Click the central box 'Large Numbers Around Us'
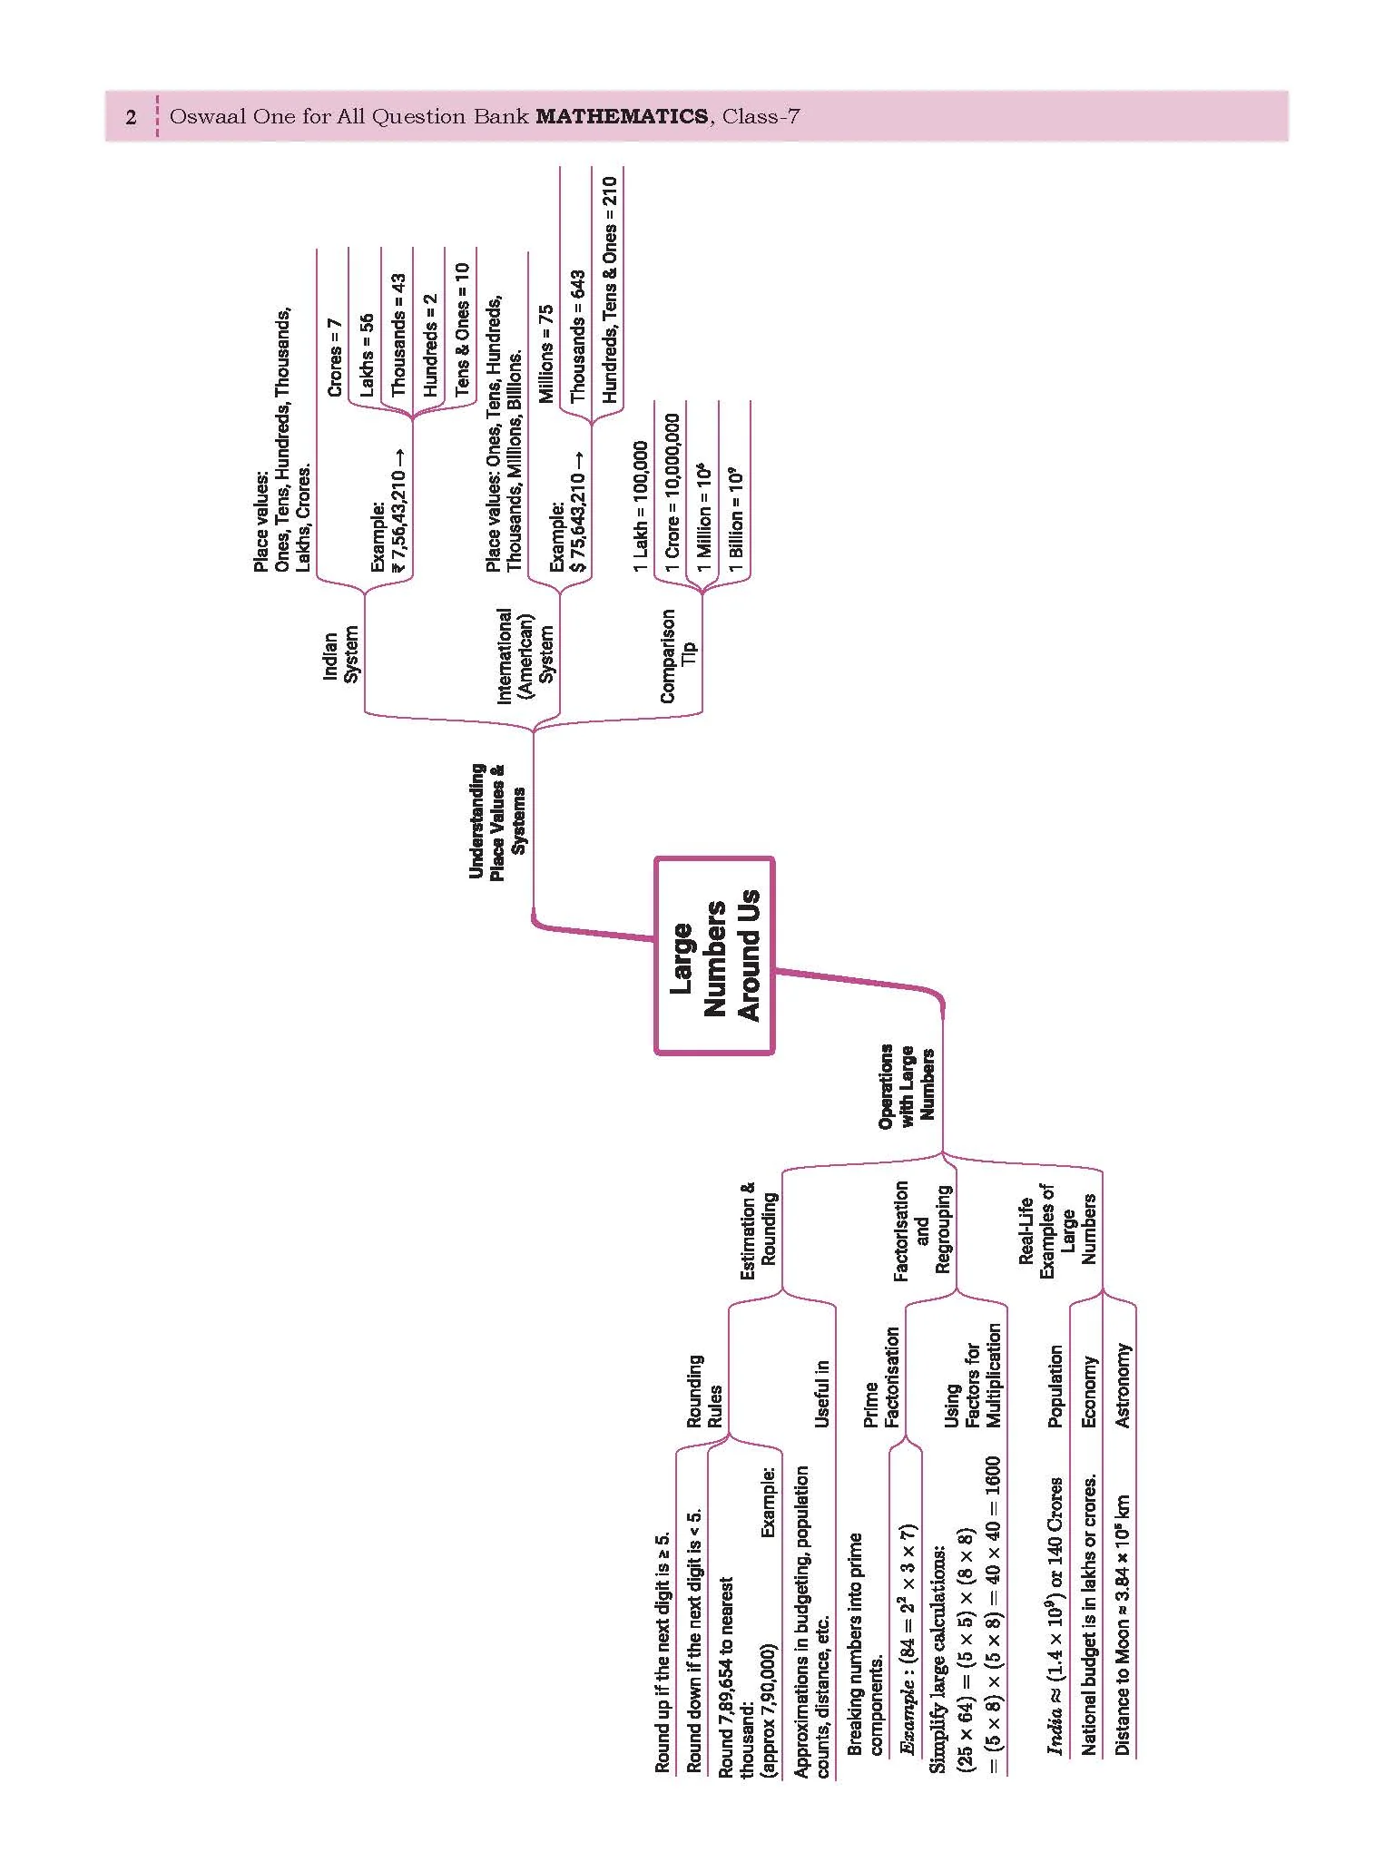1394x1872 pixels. point(714,956)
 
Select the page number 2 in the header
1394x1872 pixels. point(132,117)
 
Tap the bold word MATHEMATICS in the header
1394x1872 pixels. point(623,116)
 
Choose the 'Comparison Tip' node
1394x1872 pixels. point(678,655)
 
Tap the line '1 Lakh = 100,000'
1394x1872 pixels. point(641,506)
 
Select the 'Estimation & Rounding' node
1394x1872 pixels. point(759,1230)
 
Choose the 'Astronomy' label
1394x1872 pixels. point(1123,1386)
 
